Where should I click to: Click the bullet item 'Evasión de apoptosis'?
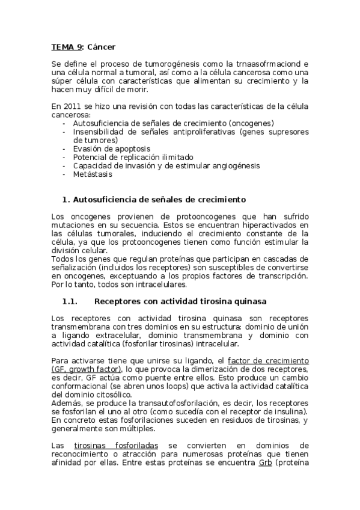point(111,148)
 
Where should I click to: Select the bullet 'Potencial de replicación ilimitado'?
point(134,157)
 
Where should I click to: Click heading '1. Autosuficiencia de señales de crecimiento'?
point(154,198)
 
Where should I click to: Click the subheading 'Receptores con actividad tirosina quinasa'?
point(181,300)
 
